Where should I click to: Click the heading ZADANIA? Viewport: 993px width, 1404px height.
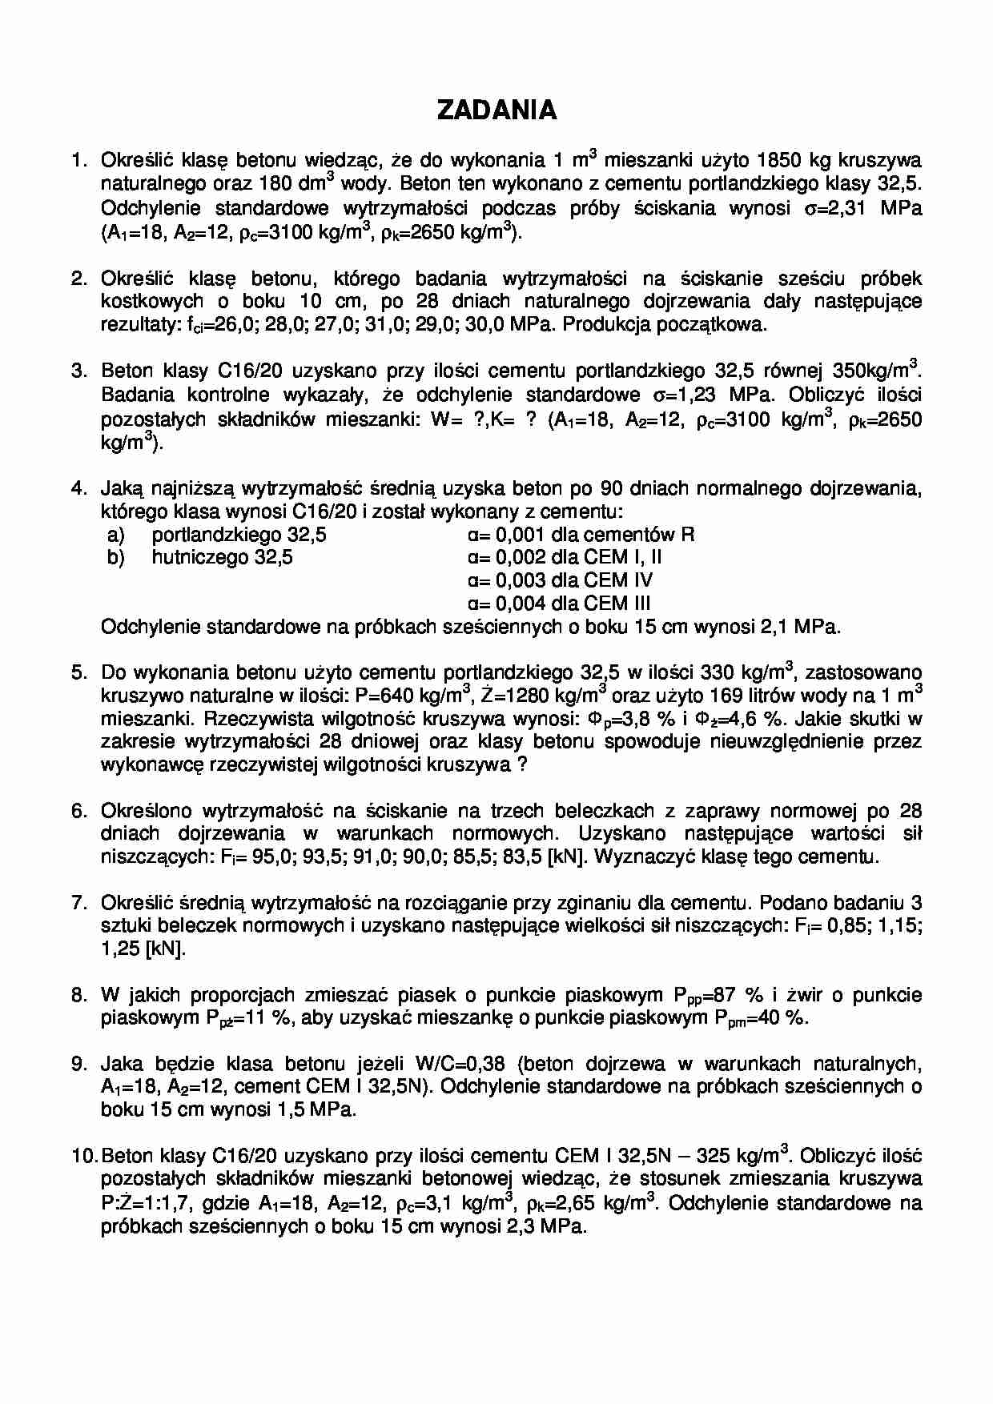pos(496,110)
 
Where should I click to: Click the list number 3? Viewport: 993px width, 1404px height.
pos(78,371)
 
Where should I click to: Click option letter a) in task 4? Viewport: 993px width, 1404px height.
pos(116,535)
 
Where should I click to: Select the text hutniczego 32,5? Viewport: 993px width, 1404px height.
pos(223,558)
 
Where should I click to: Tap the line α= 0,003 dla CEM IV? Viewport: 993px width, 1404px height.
pos(560,580)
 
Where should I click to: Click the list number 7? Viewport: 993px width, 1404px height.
pos(78,904)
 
